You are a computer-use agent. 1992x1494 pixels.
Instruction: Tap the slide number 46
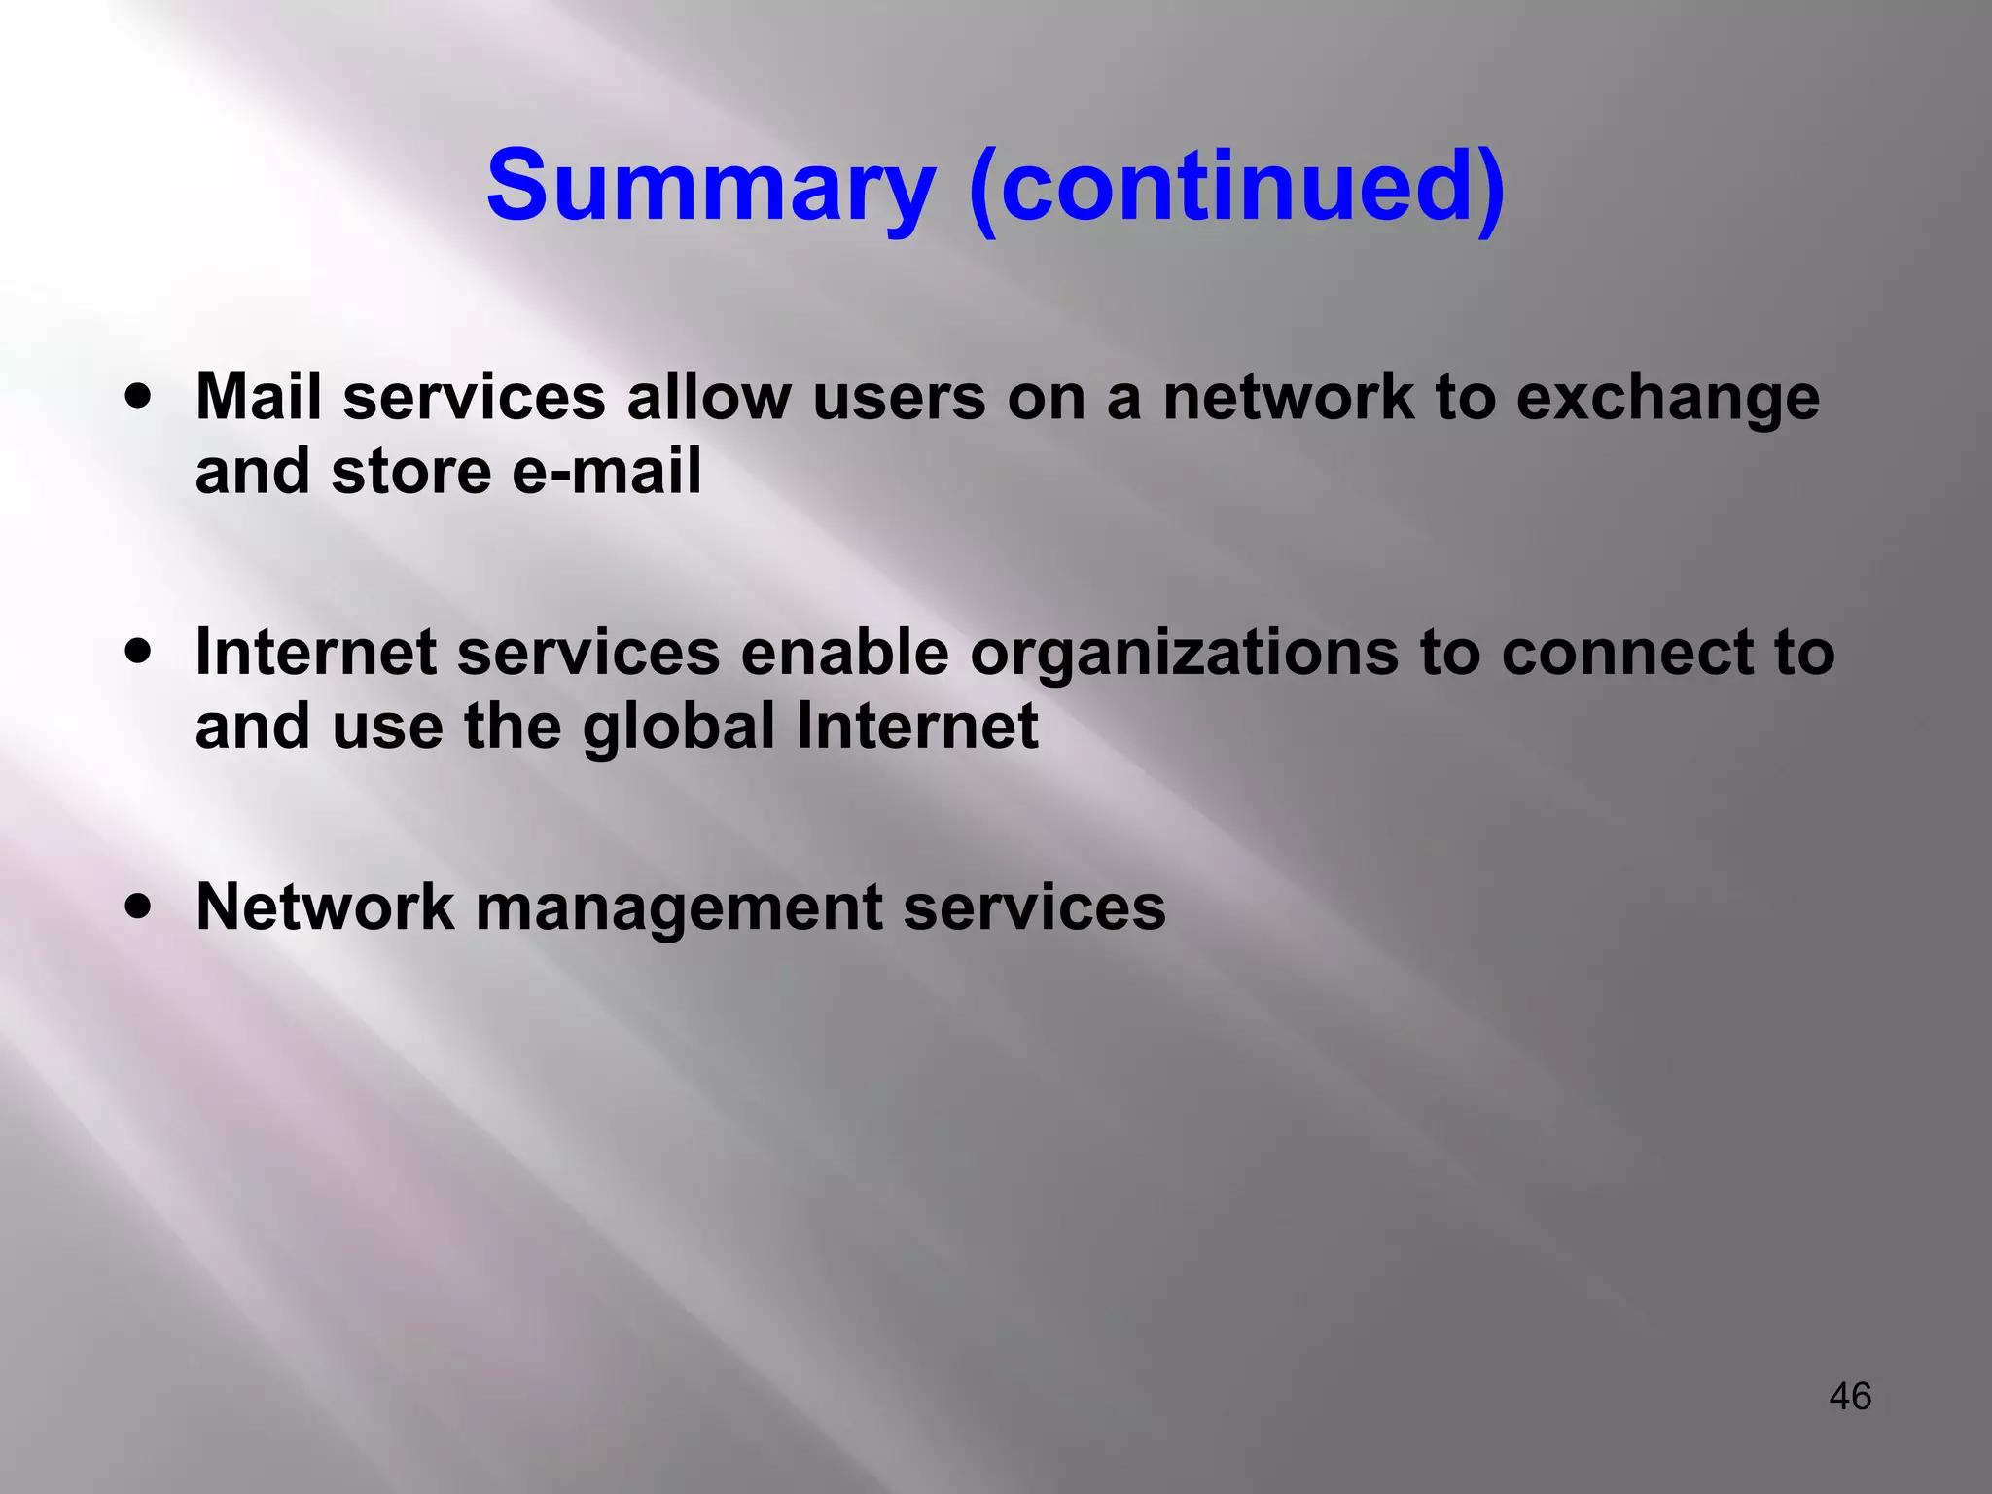coord(1850,1396)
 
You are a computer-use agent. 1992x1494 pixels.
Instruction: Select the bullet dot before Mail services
coord(139,397)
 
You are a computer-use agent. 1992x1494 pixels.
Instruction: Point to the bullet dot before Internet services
coord(139,652)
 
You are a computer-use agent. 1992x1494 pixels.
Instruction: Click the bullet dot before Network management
coord(139,907)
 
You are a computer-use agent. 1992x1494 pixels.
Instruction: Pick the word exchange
coord(1667,399)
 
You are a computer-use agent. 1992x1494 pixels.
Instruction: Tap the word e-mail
coord(606,472)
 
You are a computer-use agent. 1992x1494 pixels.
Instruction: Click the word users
coord(899,399)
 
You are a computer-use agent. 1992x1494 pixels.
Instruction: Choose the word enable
coord(844,652)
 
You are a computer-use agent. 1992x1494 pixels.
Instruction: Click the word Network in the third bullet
coord(325,907)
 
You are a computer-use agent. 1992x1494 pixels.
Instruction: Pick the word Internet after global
coord(917,726)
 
